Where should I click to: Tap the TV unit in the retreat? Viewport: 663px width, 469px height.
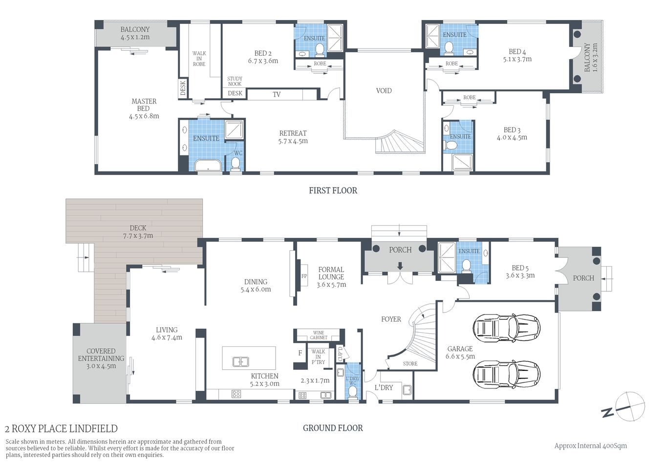[x=277, y=94]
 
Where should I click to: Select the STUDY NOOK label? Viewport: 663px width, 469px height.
[x=235, y=81]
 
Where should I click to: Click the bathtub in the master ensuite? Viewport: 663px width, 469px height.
[x=208, y=166]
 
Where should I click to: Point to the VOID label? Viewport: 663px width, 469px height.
[x=384, y=90]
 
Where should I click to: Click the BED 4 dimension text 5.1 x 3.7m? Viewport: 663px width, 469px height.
[x=517, y=59]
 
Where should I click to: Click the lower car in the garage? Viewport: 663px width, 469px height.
[x=506, y=374]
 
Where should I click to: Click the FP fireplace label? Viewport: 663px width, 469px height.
[x=304, y=277]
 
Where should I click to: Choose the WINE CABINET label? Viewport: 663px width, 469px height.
[x=319, y=335]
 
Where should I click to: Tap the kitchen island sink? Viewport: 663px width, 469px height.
[x=240, y=362]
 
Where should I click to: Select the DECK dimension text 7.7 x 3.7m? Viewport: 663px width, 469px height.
[x=138, y=235]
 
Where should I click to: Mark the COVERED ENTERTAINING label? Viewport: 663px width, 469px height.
[x=101, y=355]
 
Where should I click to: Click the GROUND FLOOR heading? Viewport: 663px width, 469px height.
[x=333, y=428]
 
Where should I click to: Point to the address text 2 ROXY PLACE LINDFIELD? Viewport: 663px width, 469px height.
[x=61, y=429]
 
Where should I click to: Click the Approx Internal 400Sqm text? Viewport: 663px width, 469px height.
[x=590, y=446]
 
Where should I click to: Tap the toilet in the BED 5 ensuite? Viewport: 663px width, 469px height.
[x=466, y=266]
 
